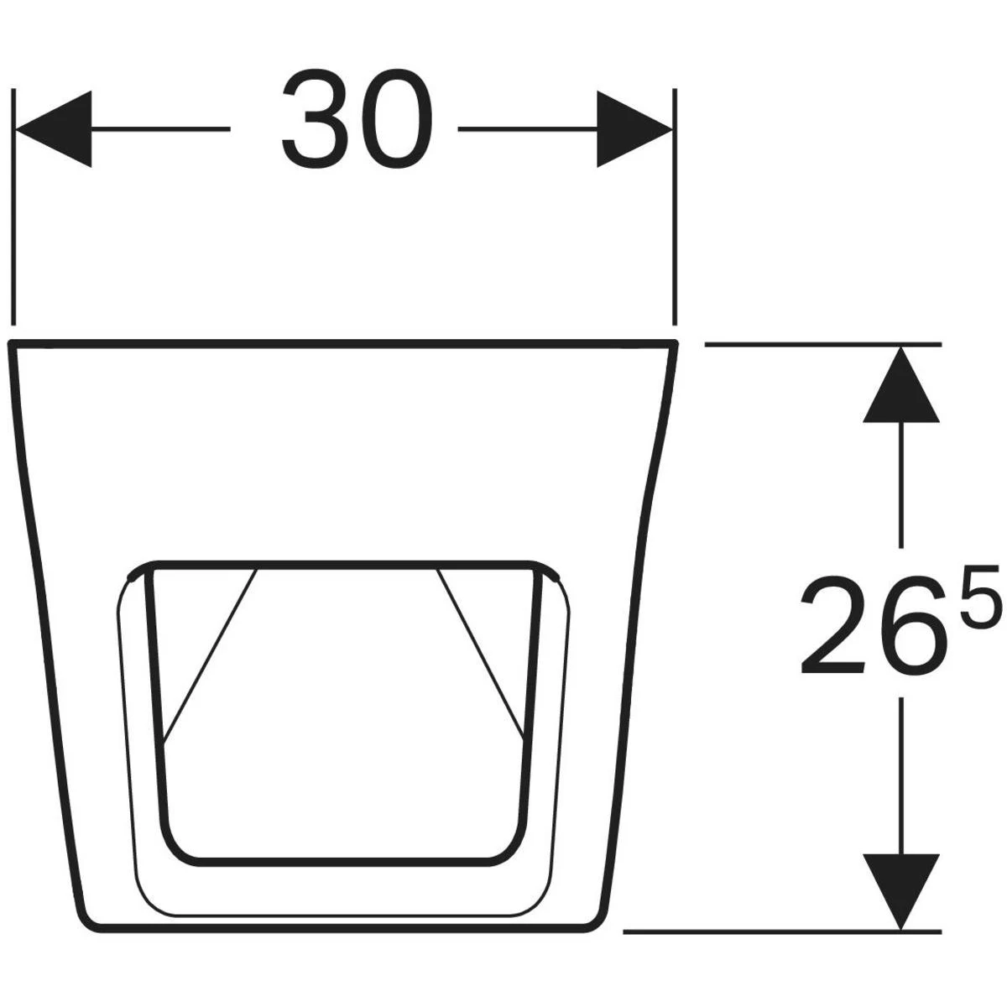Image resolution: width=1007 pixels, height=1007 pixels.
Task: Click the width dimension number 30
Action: (357, 118)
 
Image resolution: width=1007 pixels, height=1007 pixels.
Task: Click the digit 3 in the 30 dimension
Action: (316, 118)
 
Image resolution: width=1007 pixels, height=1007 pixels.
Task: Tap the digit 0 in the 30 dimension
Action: (397, 118)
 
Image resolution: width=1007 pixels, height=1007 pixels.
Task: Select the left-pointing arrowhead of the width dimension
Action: (54, 129)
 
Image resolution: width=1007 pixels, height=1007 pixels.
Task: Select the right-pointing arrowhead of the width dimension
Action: (634, 129)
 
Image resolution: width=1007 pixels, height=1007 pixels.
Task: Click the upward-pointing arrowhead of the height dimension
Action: (901, 384)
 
